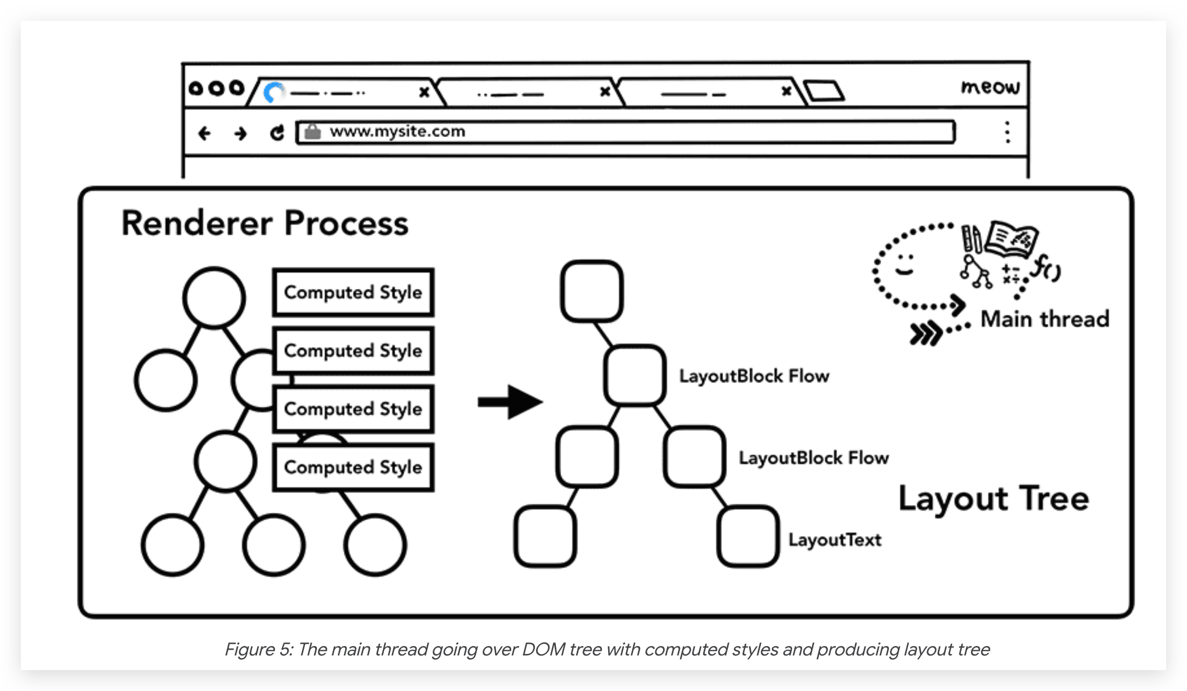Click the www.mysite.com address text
[397, 131]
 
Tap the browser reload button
[277, 133]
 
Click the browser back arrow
[204, 134]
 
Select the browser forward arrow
[241, 134]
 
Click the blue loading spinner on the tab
[273, 93]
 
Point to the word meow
[990, 87]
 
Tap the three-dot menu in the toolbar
[1007, 132]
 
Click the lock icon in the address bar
[313, 131]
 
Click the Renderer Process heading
[265, 223]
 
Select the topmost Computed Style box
[353, 292]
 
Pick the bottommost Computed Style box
[353, 467]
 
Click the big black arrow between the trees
[510, 402]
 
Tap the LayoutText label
[835, 539]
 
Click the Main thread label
[1045, 319]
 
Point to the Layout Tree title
[994, 498]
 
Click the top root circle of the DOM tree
[214, 297]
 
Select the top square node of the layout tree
[591, 291]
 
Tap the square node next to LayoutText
[748, 536]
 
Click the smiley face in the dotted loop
[904, 264]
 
